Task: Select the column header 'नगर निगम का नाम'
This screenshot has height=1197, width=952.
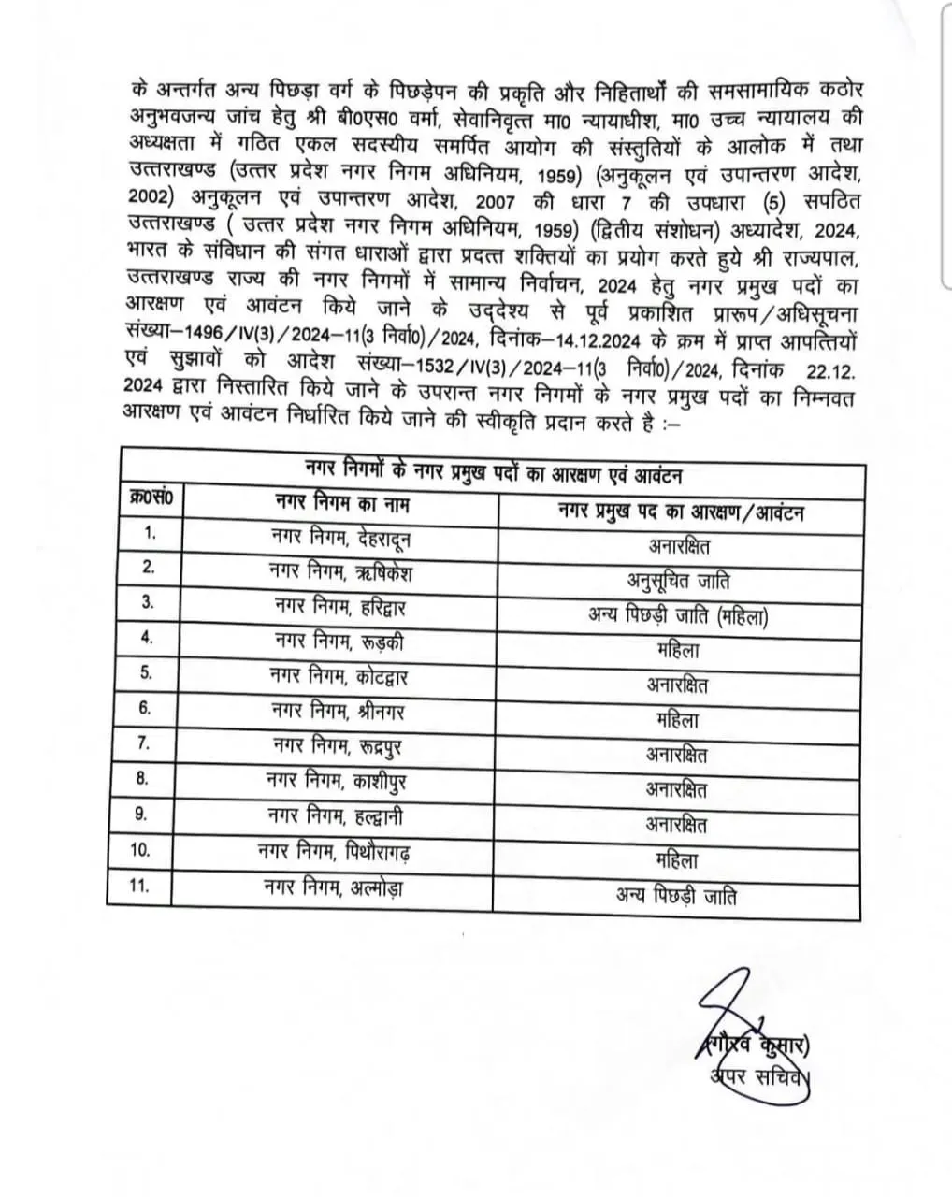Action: pos(342,504)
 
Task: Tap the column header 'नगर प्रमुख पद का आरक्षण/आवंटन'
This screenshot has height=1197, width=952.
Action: pos(680,512)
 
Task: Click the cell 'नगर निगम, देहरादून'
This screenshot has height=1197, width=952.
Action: pos(339,539)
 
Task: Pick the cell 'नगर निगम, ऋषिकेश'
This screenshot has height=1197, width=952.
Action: pos(339,572)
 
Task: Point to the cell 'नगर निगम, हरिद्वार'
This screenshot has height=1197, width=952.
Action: pos(339,607)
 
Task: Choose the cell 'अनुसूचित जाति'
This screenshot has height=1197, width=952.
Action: pos(678,581)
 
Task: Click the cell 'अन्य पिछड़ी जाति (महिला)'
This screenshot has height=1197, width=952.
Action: pos(678,615)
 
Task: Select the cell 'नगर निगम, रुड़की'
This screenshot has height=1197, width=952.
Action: pos(339,642)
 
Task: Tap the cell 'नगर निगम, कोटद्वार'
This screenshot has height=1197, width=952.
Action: pos(338,676)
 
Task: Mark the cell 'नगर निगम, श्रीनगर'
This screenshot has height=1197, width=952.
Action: pos(339,711)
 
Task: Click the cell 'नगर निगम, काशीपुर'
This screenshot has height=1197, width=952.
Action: pos(338,779)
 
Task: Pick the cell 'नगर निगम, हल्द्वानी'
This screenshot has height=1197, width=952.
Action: pos(338,815)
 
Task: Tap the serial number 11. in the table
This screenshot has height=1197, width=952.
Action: pos(139,885)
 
